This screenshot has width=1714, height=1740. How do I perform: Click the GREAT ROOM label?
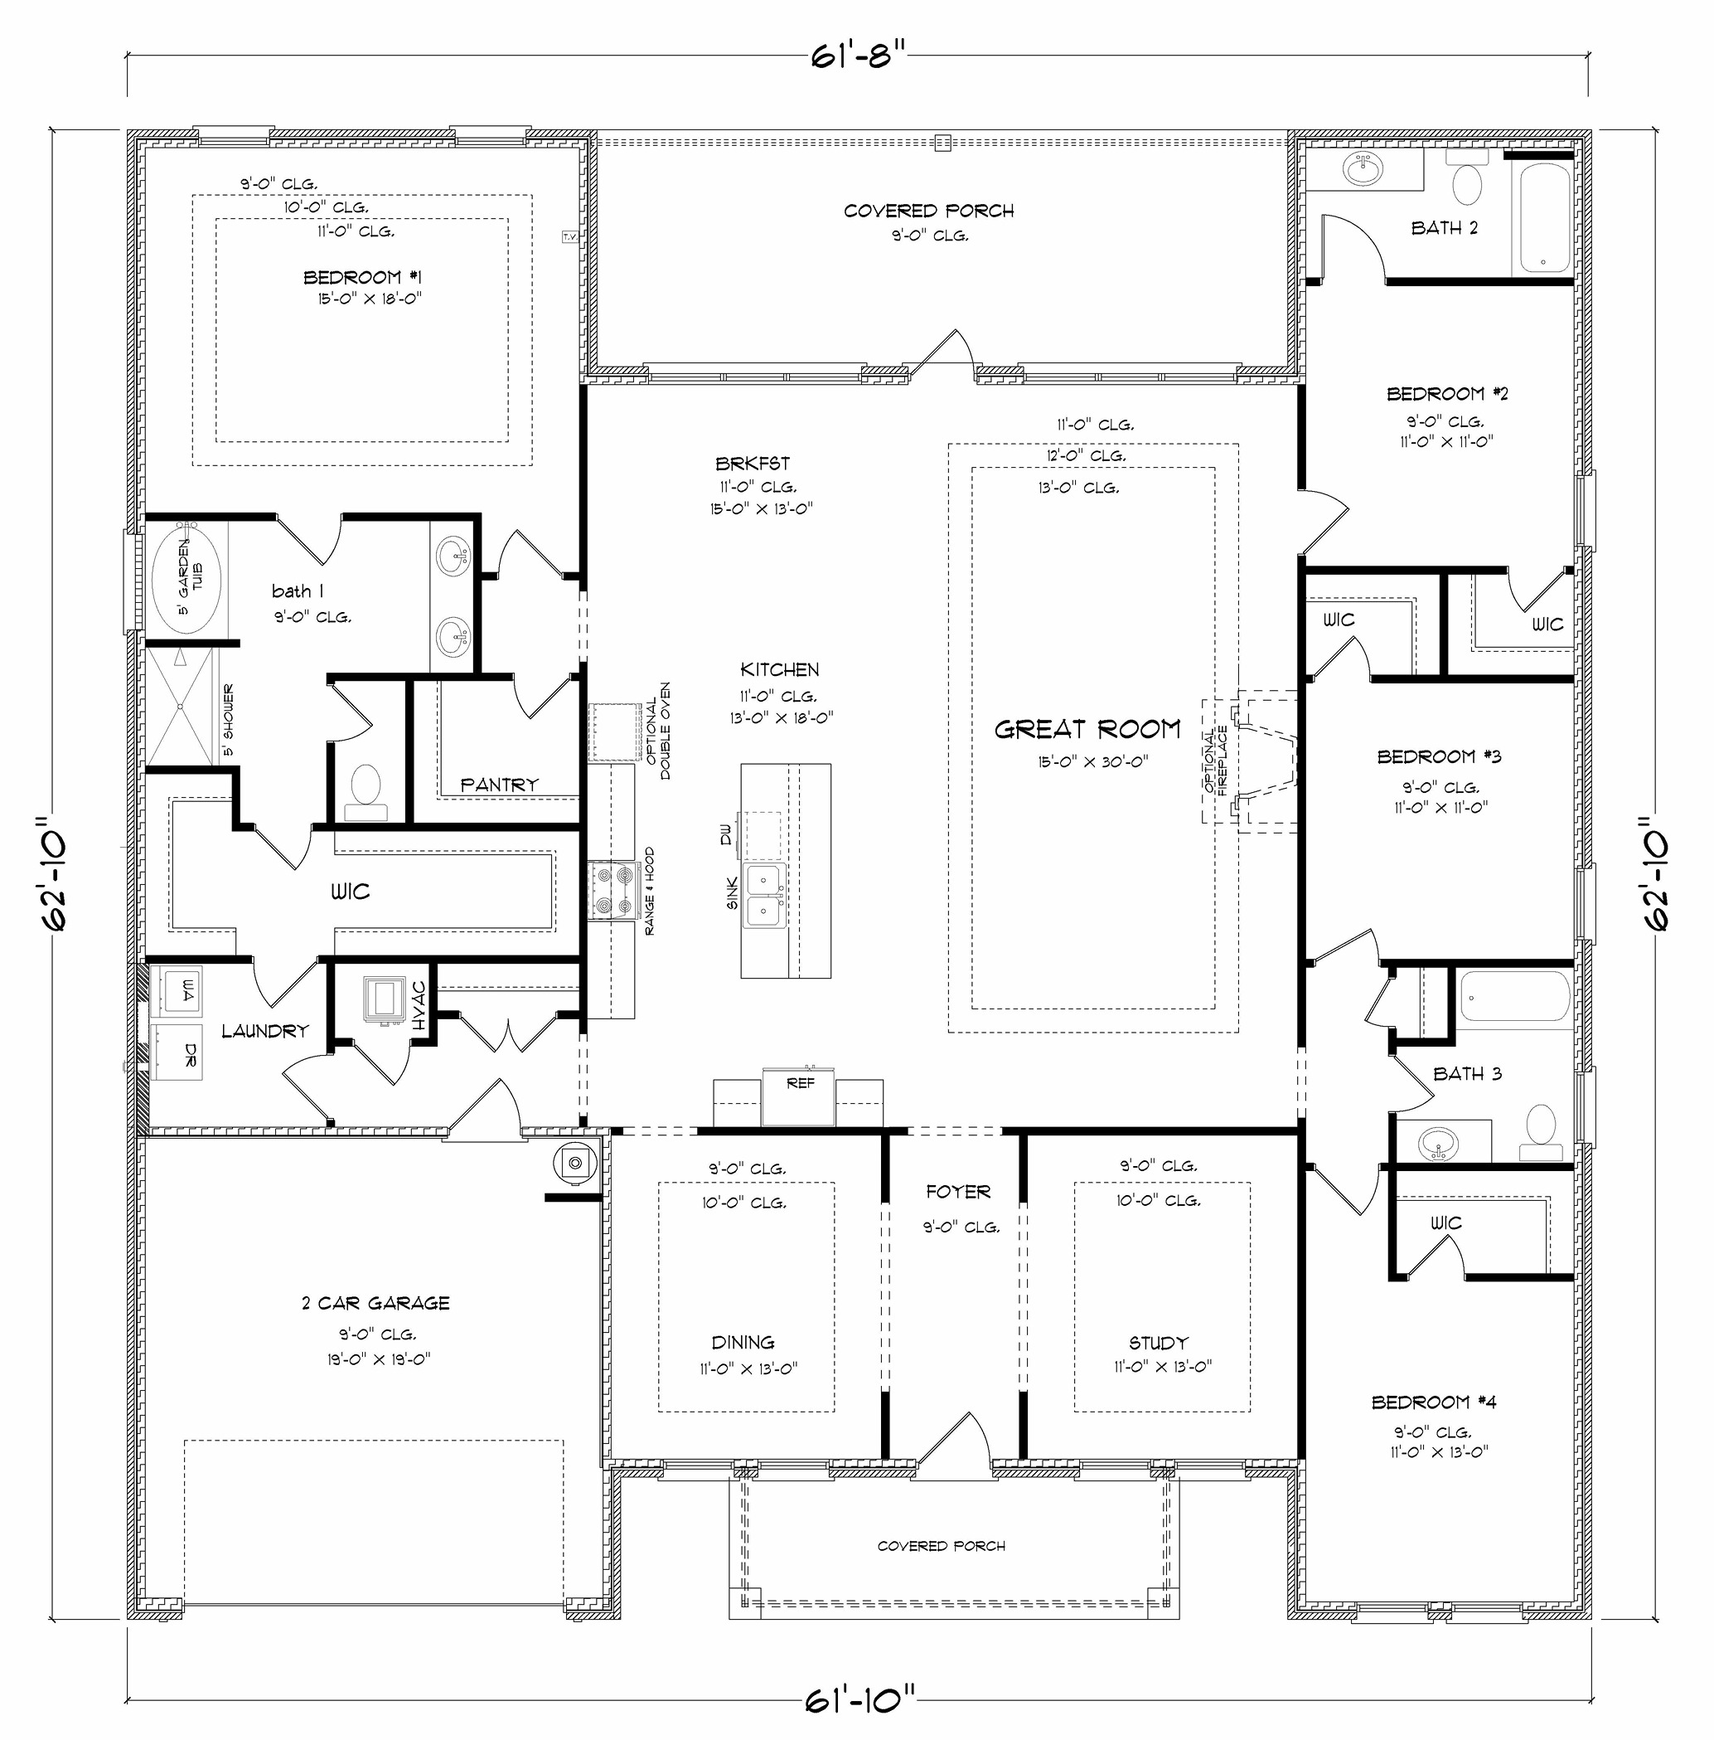point(1087,730)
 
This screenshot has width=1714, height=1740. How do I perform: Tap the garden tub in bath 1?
point(186,578)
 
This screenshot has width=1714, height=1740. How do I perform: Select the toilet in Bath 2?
point(1467,185)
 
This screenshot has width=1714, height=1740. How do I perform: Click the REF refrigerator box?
point(799,1097)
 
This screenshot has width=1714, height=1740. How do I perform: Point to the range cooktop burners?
point(612,891)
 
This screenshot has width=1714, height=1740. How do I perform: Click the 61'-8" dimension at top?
point(856,56)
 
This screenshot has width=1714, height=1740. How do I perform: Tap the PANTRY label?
point(499,785)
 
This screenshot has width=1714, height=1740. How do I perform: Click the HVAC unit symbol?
point(385,999)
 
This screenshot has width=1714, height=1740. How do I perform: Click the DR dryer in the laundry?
point(177,1052)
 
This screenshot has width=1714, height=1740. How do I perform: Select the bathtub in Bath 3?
point(1515,999)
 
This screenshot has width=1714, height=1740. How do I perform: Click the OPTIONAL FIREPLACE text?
point(1216,761)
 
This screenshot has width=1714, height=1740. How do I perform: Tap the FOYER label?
point(958,1193)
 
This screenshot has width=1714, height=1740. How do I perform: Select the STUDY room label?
point(1159,1343)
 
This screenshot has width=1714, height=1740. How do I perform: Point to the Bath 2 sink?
point(1365,168)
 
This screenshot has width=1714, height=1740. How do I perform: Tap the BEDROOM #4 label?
point(1434,1402)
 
